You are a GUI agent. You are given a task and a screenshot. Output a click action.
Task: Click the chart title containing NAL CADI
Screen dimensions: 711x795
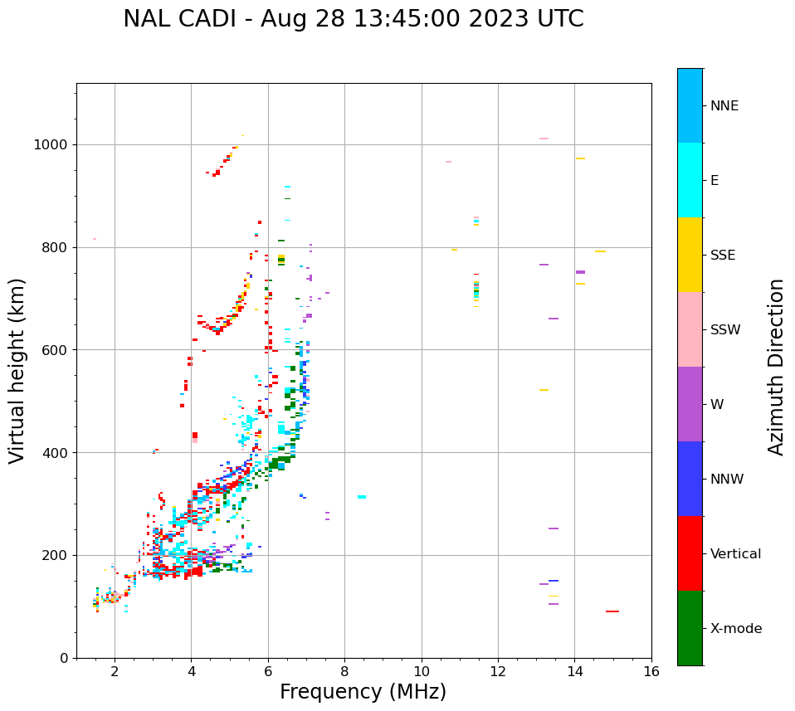click(354, 19)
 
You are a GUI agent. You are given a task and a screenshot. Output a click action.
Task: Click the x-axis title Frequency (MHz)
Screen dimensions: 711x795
click(363, 692)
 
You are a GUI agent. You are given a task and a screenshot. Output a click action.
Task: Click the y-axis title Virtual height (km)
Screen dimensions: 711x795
click(17, 371)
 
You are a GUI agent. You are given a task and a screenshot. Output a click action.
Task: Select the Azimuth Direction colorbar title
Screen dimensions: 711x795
click(776, 367)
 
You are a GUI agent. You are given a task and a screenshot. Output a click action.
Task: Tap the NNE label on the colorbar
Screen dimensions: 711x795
click(724, 106)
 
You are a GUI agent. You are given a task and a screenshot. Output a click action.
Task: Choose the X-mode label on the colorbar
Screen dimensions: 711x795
click(735, 629)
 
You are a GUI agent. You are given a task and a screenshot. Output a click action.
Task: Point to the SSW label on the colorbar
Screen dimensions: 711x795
click(725, 330)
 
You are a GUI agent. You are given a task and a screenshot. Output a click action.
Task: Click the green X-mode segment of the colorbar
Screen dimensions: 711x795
click(690, 628)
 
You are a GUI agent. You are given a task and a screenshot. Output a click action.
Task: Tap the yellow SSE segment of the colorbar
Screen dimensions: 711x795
click(690, 255)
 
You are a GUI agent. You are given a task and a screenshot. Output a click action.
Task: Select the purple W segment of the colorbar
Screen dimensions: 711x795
click(690, 404)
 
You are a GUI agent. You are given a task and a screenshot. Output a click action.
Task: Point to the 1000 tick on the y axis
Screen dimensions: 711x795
click(51, 145)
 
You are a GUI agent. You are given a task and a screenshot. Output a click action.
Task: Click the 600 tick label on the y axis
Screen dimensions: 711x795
click(55, 350)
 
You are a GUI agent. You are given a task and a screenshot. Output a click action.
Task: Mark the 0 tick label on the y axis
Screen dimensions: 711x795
click(64, 658)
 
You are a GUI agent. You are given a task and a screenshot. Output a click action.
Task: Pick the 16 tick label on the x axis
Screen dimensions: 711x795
click(651, 671)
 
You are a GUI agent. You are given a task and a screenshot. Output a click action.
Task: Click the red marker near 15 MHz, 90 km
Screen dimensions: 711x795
click(612, 611)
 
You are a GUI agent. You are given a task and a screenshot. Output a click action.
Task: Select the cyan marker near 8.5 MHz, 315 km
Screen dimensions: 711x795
click(362, 497)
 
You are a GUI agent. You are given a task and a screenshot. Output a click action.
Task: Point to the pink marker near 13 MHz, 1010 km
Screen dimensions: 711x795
click(544, 139)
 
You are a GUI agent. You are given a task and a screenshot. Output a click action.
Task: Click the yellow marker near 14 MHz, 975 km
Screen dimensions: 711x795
click(580, 158)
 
